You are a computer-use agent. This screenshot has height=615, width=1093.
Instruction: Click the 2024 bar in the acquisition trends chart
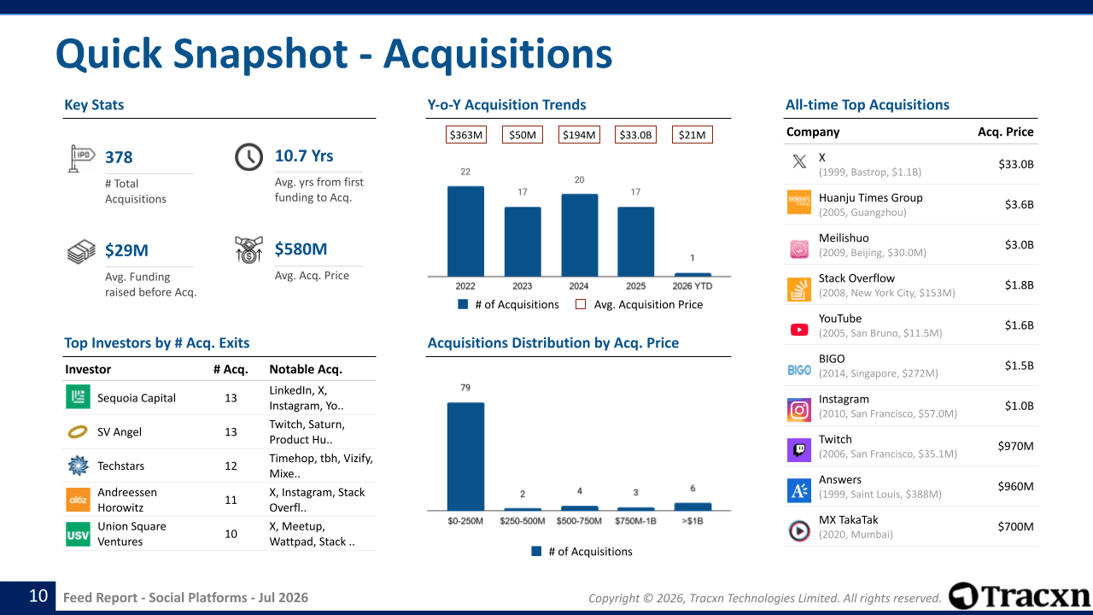click(x=579, y=235)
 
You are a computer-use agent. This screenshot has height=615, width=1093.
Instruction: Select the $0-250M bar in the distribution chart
click(x=465, y=456)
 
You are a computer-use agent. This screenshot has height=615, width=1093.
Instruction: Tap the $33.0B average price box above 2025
click(x=635, y=135)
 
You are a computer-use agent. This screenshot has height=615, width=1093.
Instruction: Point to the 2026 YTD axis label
click(x=692, y=286)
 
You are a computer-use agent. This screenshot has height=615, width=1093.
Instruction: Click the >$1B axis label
click(x=693, y=521)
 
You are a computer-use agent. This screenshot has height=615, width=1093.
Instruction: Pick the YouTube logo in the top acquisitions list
click(x=798, y=330)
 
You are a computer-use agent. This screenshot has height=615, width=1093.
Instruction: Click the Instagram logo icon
click(x=798, y=409)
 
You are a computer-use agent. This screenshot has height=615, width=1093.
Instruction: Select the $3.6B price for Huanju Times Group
click(x=1019, y=204)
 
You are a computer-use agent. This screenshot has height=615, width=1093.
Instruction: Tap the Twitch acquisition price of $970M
click(x=1015, y=446)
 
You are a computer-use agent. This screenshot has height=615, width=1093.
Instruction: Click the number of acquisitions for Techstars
click(x=231, y=466)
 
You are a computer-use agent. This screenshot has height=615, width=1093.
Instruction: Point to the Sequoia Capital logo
click(x=78, y=396)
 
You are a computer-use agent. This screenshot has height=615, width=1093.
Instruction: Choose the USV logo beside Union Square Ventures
click(x=78, y=534)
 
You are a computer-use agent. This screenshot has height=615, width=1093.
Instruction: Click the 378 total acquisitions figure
click(x=119, y=157)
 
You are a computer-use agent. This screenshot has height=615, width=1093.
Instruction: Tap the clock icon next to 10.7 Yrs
click(x=248, y=156)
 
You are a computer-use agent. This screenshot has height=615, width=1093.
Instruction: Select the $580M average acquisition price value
click(x=301, y=249)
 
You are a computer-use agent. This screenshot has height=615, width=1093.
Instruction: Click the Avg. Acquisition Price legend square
click(x=581, y=304)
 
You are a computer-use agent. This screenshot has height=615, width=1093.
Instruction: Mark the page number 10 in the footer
click(x=38, y=596)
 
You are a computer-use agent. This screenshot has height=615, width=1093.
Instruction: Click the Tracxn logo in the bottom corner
click(x=1020, y=595)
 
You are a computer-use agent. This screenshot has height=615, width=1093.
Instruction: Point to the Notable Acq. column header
click(x=306, y=370)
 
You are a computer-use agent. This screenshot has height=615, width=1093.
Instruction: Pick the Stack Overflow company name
click(x=856, y=278)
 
